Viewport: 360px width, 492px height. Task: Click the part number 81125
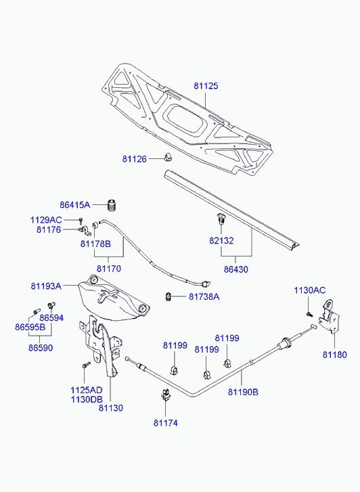[x=206, y=86]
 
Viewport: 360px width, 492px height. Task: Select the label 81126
[x=135, y=159]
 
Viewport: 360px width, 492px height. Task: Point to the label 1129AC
[x=46, y=220]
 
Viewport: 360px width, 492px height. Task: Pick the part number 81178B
[x=95, y=244]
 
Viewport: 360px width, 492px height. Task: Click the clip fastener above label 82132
[x=221, y=219]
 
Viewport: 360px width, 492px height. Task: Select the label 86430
[x=235, y=269]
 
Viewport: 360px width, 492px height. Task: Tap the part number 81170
[x=108, y=269]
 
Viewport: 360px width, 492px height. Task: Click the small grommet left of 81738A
[x=168, y=296]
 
